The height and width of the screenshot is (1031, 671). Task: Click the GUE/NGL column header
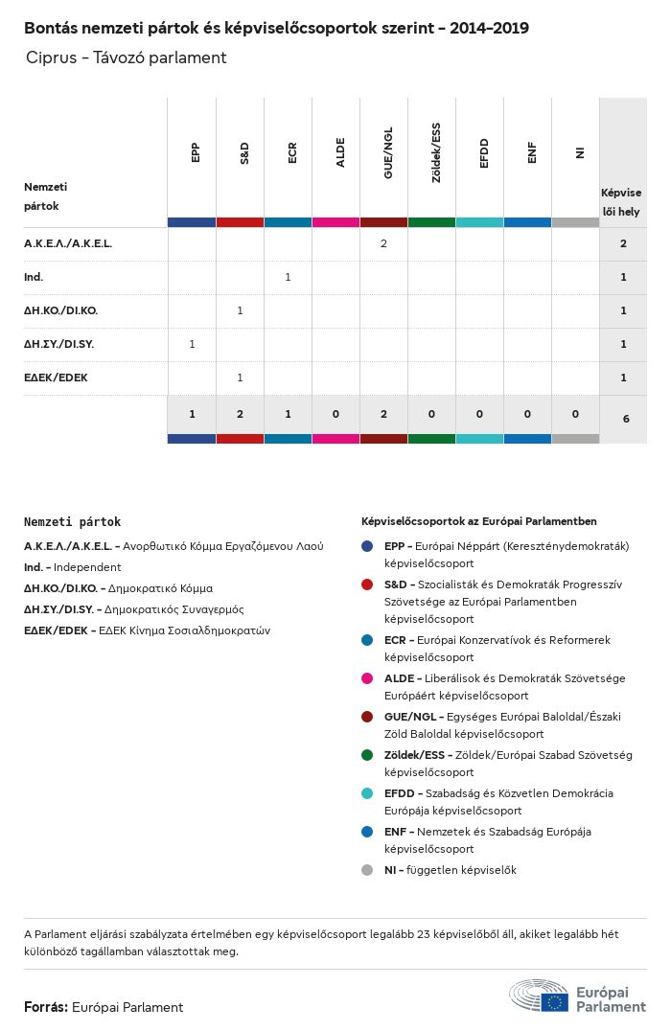(388, 158)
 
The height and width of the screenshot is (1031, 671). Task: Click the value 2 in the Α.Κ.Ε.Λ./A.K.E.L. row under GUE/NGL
(383, 243)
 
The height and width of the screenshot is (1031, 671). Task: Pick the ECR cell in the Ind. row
(288, 277)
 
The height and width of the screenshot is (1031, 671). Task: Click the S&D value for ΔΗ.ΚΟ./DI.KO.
(240, 310)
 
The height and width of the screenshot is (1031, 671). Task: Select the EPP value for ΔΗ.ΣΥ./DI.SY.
(192, 344)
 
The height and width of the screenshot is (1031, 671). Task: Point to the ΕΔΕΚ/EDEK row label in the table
(56, 378)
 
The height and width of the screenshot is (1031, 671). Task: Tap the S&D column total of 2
(240, 414)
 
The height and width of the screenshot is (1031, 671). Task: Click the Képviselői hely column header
(621, 201)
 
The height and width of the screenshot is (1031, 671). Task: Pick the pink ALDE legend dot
(367, 678)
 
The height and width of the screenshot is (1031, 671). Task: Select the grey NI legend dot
(367, 870)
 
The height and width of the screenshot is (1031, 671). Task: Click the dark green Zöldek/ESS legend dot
(367, 755)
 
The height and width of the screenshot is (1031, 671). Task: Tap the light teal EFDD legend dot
(367, 793)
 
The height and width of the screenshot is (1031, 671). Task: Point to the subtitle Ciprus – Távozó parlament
(127, 57)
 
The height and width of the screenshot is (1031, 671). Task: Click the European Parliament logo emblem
(539, 997)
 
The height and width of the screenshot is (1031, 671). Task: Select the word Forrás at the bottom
(45, 1007)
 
